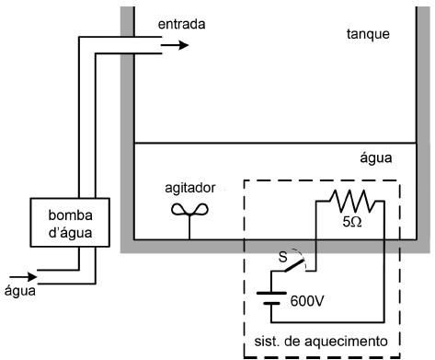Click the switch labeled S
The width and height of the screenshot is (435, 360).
point(294,265)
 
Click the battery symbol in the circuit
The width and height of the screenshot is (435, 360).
point(267,300)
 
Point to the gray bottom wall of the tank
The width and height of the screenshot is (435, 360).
point(184,244)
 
